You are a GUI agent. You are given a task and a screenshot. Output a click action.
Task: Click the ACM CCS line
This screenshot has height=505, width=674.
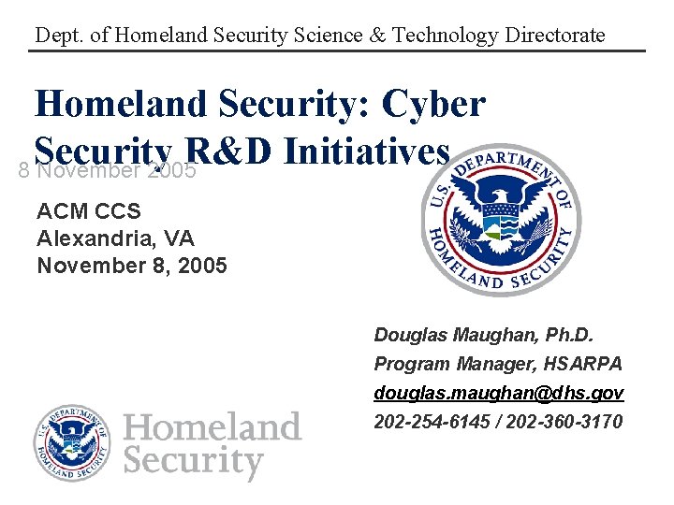click(x=89, y=212)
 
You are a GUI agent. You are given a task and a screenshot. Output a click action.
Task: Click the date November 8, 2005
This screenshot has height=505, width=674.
click(x=131, y=266)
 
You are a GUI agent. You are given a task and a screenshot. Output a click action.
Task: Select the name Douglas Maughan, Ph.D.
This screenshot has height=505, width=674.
click(x=484, y=335)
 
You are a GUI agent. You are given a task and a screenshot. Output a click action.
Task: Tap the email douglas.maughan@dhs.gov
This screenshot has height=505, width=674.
click(x=498, y=394)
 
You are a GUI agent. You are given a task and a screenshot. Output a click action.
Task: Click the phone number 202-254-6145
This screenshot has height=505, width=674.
click(x=434, y=422)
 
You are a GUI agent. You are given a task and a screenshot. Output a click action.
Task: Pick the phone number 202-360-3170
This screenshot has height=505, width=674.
click(x=566, y=422)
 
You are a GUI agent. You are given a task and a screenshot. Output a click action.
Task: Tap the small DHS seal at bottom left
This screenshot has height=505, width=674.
click(x=72, y=444)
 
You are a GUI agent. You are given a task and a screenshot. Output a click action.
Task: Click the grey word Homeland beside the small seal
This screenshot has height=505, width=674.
click(x=212, y=427)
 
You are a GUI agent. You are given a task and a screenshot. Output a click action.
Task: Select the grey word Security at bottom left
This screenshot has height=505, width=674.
click(x=194, y=462)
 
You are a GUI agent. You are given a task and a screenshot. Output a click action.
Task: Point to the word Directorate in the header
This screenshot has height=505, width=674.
click(x=553, y=36)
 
